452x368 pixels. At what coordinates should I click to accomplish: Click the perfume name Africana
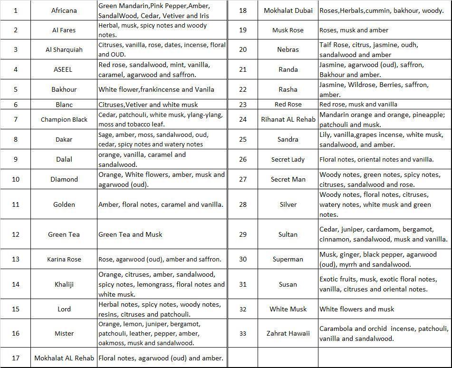[64, 10]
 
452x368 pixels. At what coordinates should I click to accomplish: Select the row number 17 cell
[16, 358]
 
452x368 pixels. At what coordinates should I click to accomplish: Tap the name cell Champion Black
[64, 119]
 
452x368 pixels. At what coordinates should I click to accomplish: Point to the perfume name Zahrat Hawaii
[288, 333]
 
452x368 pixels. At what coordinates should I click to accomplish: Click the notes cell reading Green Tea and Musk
[130, 234]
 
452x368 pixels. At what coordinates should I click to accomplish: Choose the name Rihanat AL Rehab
[288, 119]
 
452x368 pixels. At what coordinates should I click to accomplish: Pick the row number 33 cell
[243, 333]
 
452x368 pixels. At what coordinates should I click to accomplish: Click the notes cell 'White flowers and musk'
[356, 309]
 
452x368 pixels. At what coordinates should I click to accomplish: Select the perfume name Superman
[288, 259]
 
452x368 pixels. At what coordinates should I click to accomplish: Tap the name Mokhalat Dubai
[288, 10]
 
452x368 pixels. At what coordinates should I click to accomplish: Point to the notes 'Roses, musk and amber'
[354, 30]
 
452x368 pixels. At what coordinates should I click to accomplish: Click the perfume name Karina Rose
[64, 259]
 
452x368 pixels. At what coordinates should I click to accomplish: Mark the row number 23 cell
[243, 104]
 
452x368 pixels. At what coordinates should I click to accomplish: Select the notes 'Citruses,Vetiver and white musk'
[148, 104]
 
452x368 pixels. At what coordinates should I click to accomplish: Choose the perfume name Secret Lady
[288, 159]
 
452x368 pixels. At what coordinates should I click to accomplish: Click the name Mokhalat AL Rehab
[64, 358]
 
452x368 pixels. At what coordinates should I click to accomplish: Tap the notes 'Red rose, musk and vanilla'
[358, 104]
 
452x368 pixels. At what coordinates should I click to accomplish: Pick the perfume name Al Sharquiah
[64, 49]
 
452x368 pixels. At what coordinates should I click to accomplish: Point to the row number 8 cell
[16, 139]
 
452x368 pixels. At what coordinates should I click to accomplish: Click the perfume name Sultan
[288, 234]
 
